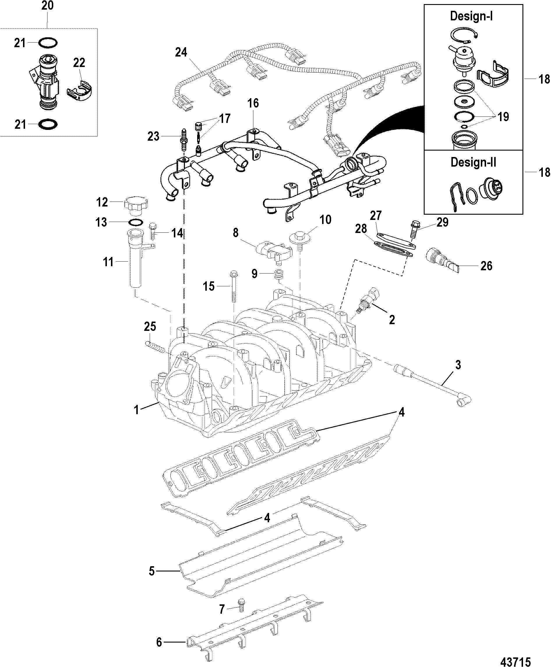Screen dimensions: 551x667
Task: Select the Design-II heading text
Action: click(473, 162)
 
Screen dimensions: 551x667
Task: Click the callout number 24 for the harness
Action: click(181, 52)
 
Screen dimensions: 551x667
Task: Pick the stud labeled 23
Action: click(183, 140)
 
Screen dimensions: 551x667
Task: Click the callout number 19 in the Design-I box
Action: click(503, 117)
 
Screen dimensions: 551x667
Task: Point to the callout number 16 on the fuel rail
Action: click(253, 103)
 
